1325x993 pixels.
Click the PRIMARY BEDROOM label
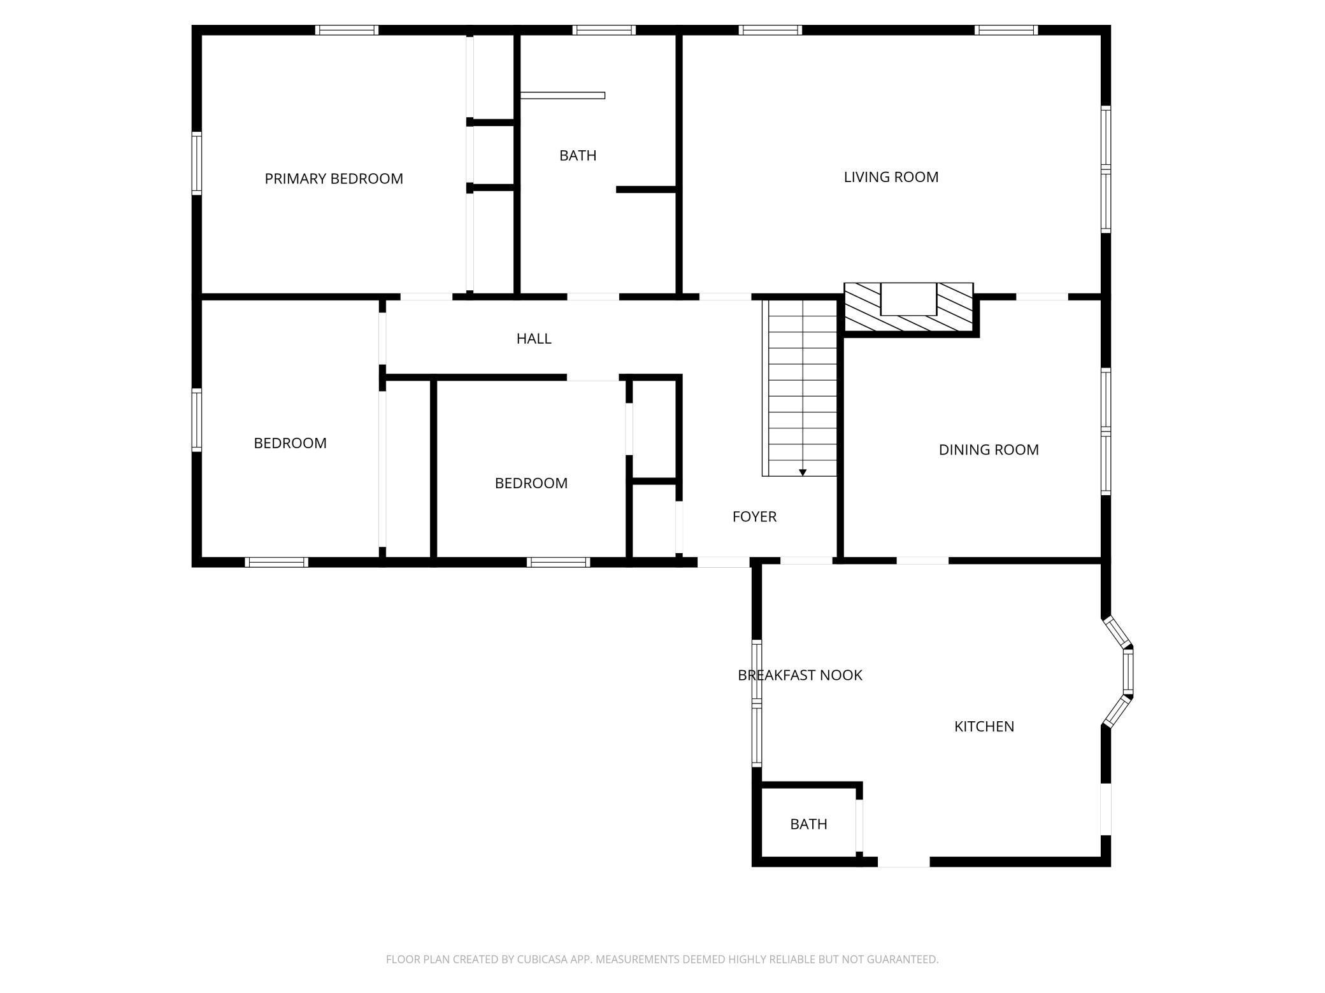(x=334, y=179)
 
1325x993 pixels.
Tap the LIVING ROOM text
(x=891, y=177)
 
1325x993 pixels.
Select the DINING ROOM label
(x=988, y=450)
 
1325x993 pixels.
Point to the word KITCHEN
(x=984, y=726)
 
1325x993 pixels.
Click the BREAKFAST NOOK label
(x=799, y=675)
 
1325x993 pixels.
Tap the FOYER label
(x=754, y=517)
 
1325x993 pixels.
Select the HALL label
(x=534, y=339)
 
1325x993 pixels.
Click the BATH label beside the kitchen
(x=808, y=824)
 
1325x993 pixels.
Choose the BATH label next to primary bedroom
(x=578, y=155)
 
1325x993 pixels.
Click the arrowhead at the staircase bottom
(x=803, y=472)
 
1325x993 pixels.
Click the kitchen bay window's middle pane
(x=1128, y=672)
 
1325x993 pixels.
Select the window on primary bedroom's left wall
(x=197, y=163)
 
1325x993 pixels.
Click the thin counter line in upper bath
(x=562, y=95)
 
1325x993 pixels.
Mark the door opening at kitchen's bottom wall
(x=903, y=862)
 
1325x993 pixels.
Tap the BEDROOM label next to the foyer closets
(x=531, y=483)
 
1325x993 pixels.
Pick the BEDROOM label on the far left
(x=290, y=443)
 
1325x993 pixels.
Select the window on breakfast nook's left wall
(x=757, y=703)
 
